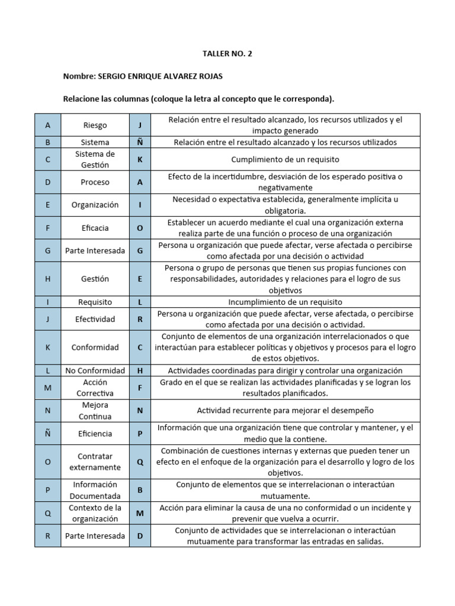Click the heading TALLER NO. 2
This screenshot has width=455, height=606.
pos(227,54)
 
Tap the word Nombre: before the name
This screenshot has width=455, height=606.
pos(79,77)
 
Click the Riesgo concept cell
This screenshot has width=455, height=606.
pos(95,125)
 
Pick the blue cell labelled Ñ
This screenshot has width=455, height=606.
pos(47,434)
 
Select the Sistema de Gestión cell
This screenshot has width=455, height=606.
pos(95,159)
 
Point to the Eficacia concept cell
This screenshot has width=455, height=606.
pos(95,228)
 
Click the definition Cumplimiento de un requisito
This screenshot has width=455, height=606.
pos(285,159)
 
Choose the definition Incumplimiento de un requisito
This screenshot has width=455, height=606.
pos(285,302)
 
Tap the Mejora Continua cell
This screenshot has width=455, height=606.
pos(95,411)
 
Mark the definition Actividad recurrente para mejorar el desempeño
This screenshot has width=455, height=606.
pos(285,411)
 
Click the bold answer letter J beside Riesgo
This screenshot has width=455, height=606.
pos(140,125)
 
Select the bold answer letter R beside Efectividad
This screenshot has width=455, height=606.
pos(140,319)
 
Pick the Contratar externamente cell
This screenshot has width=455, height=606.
pos(95,462)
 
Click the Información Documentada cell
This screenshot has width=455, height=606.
pos(95,490)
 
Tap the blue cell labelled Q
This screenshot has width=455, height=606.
pos(47,513)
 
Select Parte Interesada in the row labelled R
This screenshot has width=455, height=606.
pos(95,536)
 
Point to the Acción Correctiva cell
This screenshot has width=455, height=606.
pos(95,388)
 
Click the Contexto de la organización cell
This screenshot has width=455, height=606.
pos(95,513)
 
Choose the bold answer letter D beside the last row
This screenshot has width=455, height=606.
pos(140,536)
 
